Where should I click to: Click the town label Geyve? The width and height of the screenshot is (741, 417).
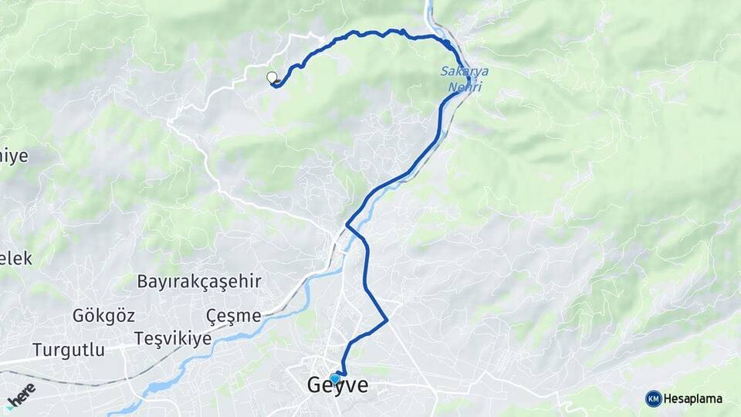[337, 385]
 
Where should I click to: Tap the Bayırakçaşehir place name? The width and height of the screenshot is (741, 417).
[199, 281]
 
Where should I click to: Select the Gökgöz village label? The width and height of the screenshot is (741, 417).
[103, 315]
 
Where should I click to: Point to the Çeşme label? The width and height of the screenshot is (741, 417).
[233, 315]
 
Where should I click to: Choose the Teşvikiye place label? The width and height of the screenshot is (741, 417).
[172, 338]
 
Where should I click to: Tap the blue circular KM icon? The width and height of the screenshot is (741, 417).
[653, 398]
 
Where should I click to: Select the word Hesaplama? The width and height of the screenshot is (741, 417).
[693, 398]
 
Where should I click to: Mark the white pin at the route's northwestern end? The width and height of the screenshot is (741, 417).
[272, 77]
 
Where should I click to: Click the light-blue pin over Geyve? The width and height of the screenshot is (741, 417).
[334, 378]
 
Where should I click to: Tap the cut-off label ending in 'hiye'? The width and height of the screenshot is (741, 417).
[13, 156]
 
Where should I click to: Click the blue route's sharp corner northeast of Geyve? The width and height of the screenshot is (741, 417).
[386, 320]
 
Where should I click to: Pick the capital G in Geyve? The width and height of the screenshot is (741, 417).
[315, 385]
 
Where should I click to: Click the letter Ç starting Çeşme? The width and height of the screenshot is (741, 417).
[211, 316]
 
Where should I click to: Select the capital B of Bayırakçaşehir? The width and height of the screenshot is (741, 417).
[143, 281]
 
